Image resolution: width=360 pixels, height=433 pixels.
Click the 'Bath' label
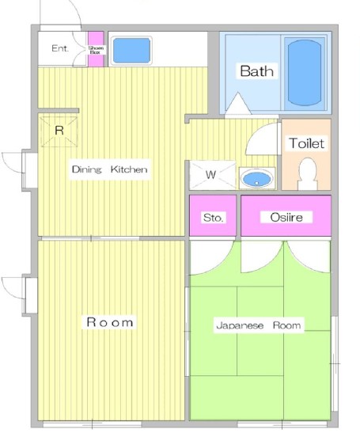pos(257,71)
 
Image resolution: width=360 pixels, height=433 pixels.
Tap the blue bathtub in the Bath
pos(305,73)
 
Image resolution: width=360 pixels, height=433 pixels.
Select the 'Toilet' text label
pos(306,143)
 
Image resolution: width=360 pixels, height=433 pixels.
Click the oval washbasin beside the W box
pos(257,178)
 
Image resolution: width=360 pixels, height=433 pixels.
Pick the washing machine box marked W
pos(212,175)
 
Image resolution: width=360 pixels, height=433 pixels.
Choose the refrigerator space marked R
pos(59,131)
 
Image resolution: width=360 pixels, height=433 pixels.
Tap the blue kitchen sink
pos(131,50)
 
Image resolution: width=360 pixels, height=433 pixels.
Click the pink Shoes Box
pos(96,49)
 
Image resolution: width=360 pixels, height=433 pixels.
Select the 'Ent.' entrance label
pos(59,48)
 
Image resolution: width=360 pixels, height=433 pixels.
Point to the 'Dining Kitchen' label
pos(109,169)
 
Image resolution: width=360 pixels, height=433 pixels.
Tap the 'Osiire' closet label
pos(286,218)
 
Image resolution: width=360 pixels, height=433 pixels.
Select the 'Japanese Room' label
pos(259,325)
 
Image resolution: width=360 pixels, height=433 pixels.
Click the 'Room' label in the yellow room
pos(110,322)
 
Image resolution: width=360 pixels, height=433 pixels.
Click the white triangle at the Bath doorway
pos(237,103)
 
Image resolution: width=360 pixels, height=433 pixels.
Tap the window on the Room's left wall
pos(29,295)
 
